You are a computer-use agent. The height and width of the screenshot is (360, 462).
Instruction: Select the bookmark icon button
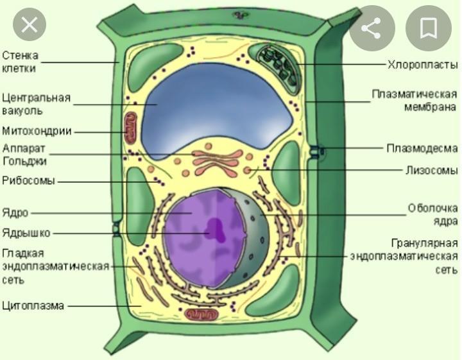click(428, 28)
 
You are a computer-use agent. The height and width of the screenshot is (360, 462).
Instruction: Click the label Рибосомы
click(28, 180)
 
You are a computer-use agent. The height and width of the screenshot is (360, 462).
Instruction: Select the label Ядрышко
click(26, 232)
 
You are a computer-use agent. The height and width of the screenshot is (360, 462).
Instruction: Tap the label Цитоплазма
click(33, 305)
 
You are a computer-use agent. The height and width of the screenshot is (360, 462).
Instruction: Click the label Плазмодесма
click(422, 149)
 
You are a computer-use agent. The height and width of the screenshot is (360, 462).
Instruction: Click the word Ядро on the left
click(14, 212)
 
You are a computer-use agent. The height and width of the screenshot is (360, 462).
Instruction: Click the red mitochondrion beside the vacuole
click(130, 127)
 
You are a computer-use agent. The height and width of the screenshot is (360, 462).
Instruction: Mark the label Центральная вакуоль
click(35, 104)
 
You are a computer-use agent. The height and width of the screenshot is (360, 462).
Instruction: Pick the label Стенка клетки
click(20, 62)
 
